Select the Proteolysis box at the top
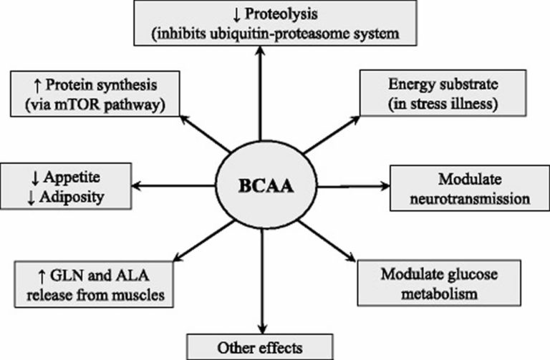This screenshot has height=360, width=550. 260,21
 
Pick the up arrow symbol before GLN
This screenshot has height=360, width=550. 28,272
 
